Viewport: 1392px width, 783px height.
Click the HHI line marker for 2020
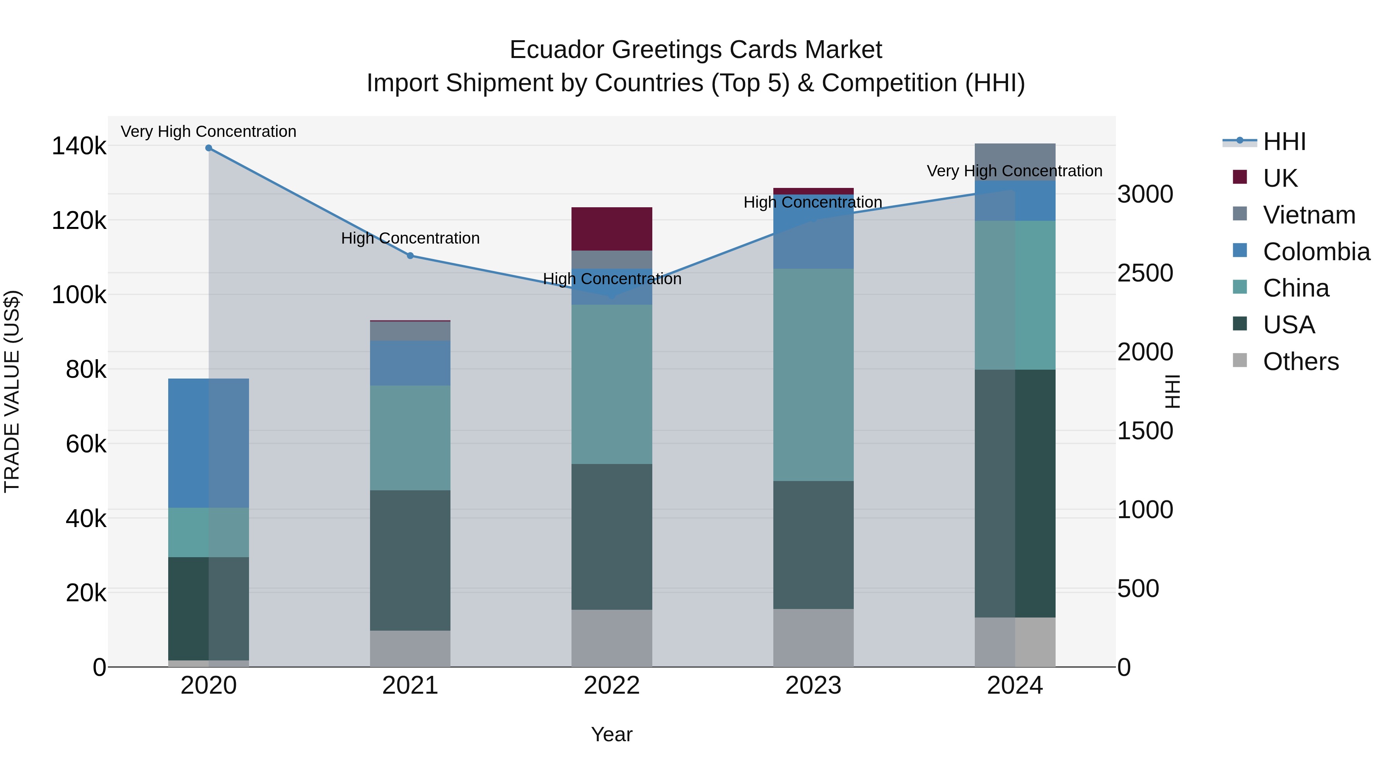[208, 148]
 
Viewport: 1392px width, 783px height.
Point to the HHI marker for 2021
[410, 256]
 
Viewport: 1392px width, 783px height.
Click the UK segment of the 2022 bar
[612, 229]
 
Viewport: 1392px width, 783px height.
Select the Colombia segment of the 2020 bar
[208, 443]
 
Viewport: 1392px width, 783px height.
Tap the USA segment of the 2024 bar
[1015, 493]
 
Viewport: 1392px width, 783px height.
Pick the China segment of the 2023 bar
[813, 374]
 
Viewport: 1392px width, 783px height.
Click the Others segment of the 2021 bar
[410, 648]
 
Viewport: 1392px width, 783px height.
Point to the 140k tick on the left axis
[79, 147]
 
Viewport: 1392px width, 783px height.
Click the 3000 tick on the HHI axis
[1145, 194]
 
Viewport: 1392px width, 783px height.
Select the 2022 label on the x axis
[612, 686]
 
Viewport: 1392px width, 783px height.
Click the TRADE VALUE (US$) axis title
[12, 391]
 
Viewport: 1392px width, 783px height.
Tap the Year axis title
[612, 734]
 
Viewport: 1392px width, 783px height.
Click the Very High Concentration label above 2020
[208, 132]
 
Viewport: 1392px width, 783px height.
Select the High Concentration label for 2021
[410, 238]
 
